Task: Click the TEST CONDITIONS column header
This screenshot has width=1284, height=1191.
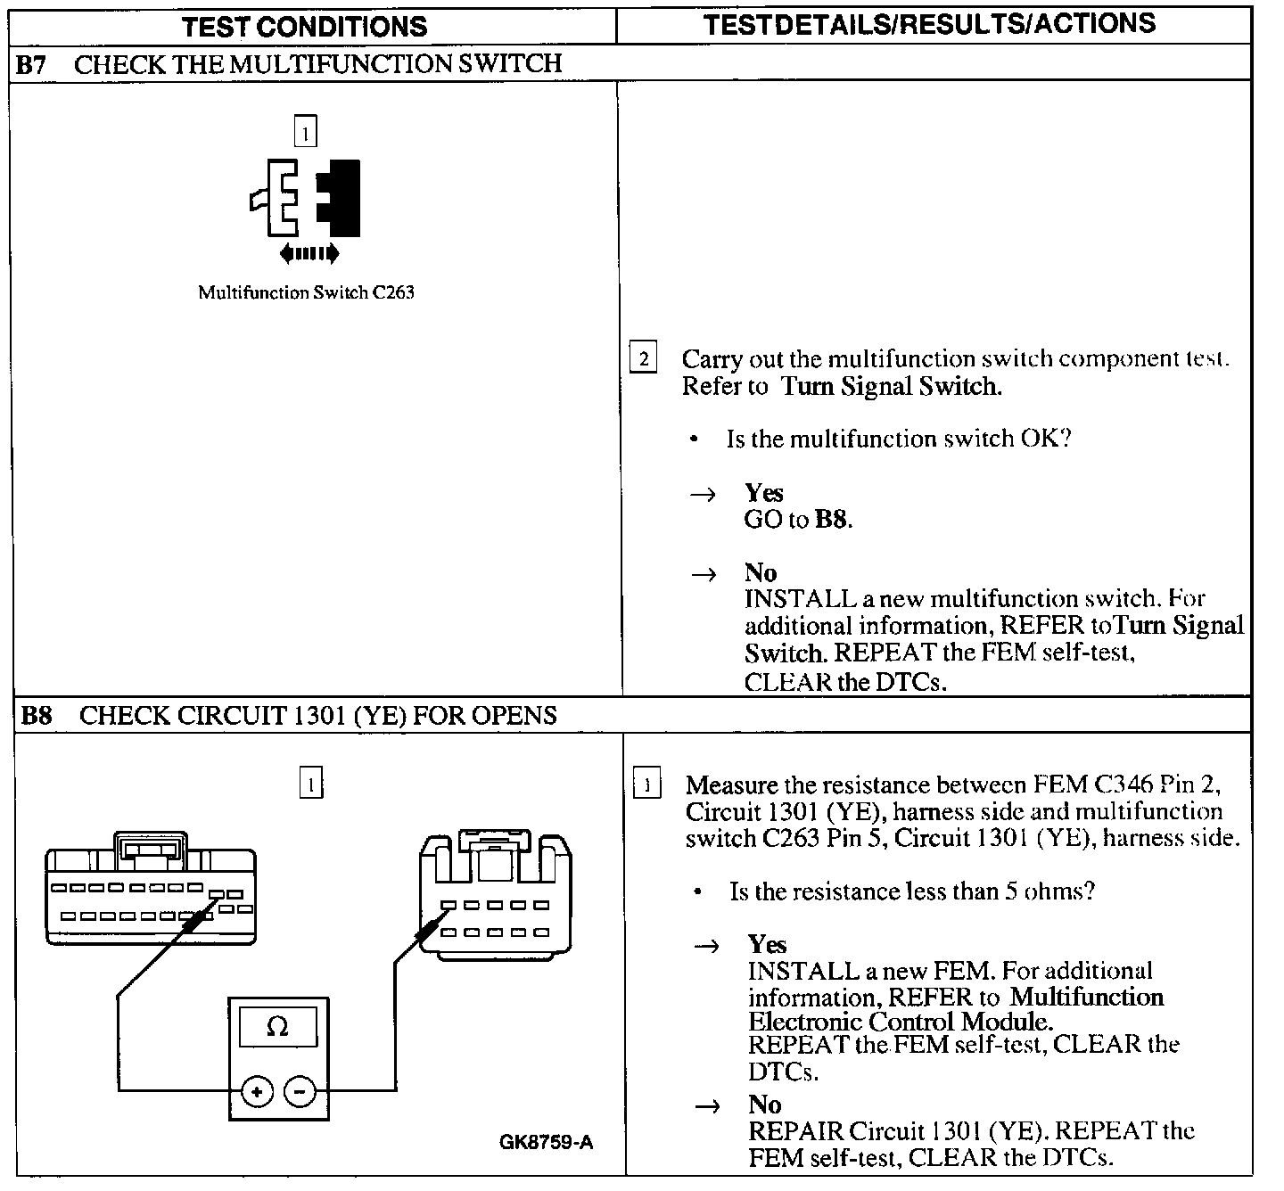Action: pos(305,26)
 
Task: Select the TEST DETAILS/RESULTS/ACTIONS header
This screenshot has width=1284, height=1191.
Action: pos(929,24)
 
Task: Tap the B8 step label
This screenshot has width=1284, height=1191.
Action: pos(36,716)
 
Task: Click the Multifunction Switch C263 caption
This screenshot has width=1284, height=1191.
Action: pos(306,292)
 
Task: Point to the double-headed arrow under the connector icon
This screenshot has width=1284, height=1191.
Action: pos(309,254)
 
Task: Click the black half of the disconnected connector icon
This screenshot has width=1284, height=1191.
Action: pos(342,197)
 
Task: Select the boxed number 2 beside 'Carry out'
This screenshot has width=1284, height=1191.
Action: pos(642,358)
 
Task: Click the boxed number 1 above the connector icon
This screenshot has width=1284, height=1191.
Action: pos(305,133)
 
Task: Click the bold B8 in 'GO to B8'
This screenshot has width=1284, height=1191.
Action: pos(831,520)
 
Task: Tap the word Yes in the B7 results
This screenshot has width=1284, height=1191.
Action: pos(764,493)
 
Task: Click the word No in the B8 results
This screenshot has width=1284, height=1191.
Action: pos(765,1105)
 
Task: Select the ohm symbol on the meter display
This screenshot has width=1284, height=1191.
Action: pos(277,1027)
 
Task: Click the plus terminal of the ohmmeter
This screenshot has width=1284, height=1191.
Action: pos(257,1091)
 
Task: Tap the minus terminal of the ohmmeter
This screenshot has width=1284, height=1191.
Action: pos(300,1091)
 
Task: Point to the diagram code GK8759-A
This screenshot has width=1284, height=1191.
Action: pos(546,1142)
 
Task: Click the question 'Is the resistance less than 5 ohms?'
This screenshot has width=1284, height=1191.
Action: pos(911,891)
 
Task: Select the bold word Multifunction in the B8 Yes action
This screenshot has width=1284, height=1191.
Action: pos(1087,997)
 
